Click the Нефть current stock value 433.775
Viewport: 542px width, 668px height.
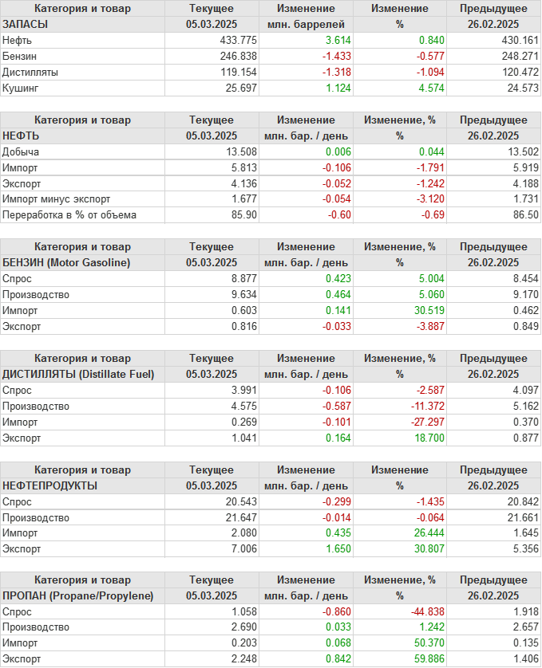pos(238,40)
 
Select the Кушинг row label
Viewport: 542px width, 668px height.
pos(22,88)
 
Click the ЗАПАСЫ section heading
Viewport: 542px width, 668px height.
pos(26,24)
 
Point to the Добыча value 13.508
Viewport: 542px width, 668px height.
pos(238,151)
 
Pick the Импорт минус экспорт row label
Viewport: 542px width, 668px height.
pos(57,199)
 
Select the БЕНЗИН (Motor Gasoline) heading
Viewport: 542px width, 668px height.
pos(67,262)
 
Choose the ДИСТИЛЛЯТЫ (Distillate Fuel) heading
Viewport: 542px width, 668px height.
pos(78,374)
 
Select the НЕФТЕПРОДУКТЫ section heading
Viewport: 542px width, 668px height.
pos(50,485)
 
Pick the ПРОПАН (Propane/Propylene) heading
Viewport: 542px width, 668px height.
pos(77,595)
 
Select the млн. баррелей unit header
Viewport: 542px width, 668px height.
pos(307,24)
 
